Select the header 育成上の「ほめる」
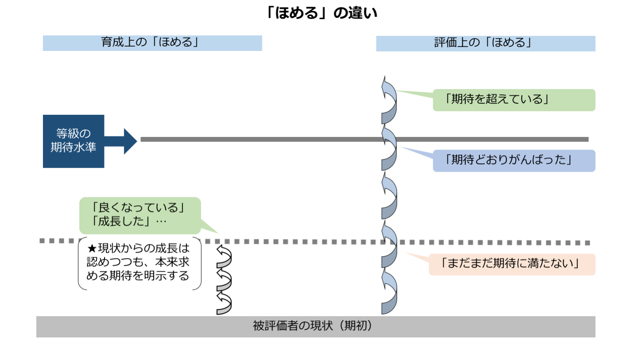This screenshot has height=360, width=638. click(152, 43)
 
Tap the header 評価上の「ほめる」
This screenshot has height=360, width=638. click(486, 43)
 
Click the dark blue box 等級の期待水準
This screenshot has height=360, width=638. click(74, 141)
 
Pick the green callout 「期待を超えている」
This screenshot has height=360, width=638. click(514, 100)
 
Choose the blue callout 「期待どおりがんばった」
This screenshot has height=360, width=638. click(514, 160)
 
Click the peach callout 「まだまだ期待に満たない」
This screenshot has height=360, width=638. click(512, 264)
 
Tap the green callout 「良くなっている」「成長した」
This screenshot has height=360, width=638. click(140, 215)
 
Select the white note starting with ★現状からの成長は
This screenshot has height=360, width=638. click(140, 264)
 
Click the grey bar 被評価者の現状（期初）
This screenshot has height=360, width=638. click(315, 326)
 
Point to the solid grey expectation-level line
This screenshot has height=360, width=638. click(266, 139)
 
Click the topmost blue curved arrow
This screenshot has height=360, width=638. click(389, 100)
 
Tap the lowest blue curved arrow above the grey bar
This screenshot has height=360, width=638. click(389, 293)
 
